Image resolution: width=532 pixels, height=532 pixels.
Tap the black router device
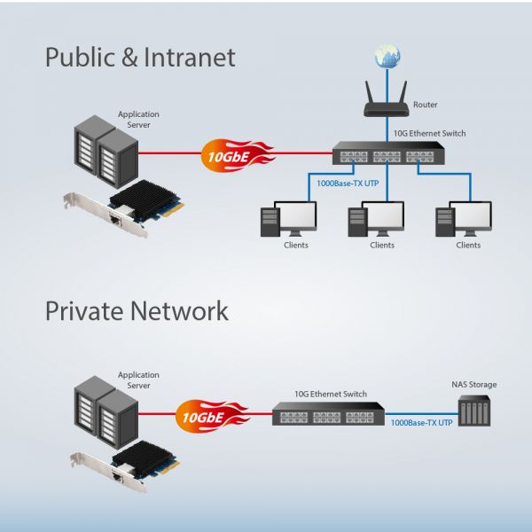click(x=387, y=106)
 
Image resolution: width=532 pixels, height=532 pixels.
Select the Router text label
click(x=425, y=104)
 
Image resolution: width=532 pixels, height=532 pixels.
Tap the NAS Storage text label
click(x=474, y=385)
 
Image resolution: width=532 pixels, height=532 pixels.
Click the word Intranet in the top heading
click(x=189, y=59)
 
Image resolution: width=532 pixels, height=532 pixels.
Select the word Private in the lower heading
click(x=84, y=311)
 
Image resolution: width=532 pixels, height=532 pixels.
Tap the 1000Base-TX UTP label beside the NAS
click(x=421, y=423)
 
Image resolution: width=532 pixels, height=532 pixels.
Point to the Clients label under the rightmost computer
click(x=468, y=245)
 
